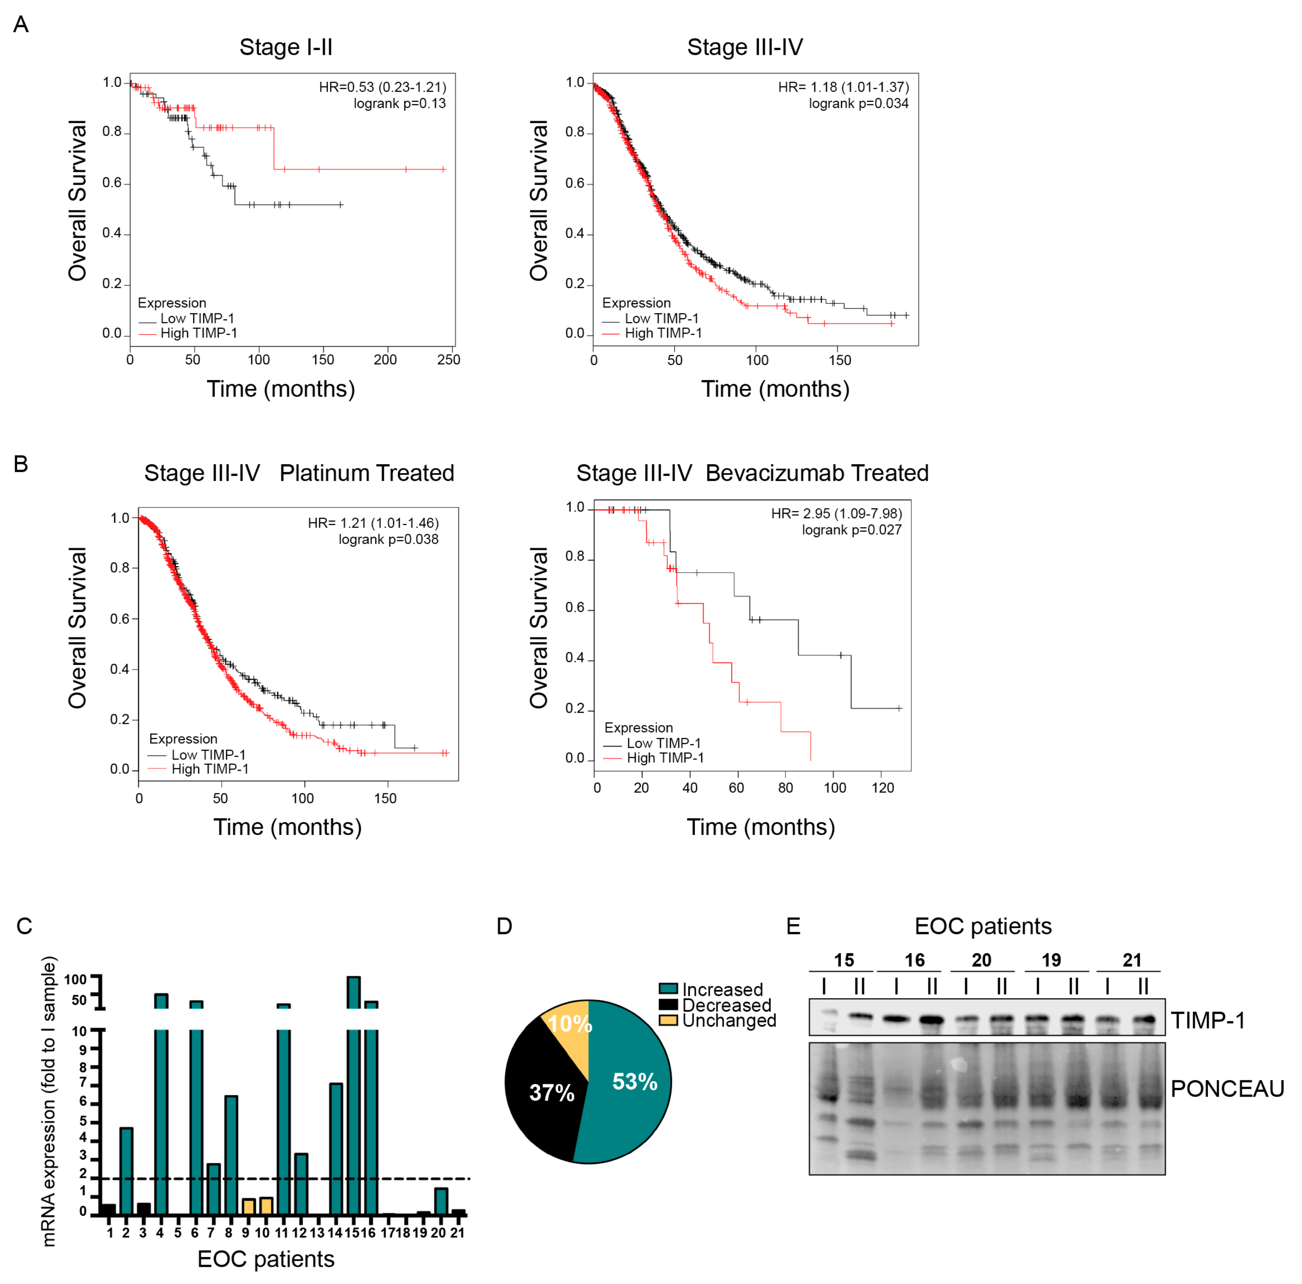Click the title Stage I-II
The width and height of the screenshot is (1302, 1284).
tap(286, 47)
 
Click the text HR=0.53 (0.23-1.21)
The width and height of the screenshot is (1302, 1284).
tap(382, 87)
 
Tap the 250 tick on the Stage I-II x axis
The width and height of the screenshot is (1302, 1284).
tap(448, 359)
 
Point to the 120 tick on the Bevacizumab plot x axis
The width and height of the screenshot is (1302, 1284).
tap(882, 787)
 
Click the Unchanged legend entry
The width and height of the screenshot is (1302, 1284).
tap(728, 1020)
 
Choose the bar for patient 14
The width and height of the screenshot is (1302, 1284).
tap(336, 1149)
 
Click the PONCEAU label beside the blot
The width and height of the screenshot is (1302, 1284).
tap(1226, 1088)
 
